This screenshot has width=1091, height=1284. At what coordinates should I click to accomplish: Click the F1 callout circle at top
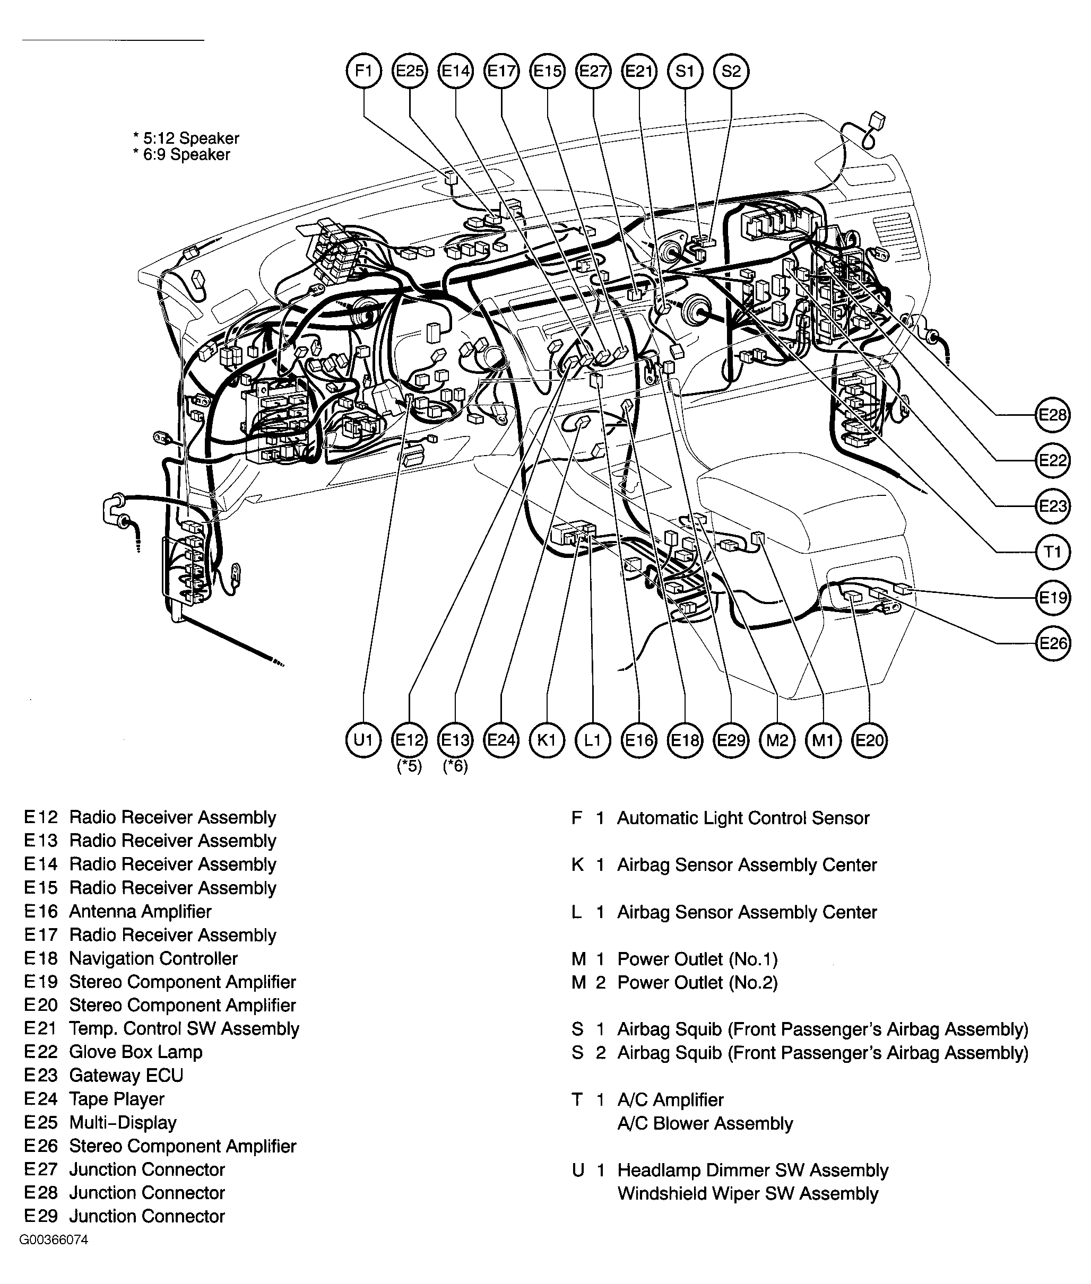(x=363, y=71)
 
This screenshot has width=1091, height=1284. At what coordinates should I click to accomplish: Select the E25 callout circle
(x=410, y=71)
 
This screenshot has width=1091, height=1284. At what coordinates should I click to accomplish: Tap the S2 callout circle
(x=731, y=71)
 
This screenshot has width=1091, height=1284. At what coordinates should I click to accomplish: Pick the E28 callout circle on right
(x=1052, y=415)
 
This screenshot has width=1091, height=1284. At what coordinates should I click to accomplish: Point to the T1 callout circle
(x=1052, y=552)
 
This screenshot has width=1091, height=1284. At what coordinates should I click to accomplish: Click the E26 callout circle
(x=1052, y=643)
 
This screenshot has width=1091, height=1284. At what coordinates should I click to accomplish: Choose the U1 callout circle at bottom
(x=363, y=740)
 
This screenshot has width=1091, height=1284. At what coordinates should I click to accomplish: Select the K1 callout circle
(x=547, y=740)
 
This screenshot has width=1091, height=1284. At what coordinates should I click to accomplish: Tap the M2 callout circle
(x=777, y=740)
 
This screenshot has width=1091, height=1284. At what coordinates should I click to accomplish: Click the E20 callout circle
(x=869, y=740)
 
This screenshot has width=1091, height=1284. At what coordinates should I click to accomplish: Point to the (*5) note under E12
(x=410, y=766)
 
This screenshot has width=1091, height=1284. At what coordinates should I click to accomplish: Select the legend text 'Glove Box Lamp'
(x=135, y=1052)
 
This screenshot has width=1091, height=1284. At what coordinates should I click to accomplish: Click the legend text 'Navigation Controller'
(x=153, y=958)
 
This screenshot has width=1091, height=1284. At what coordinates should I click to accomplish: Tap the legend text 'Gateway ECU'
(x=126, y=1075)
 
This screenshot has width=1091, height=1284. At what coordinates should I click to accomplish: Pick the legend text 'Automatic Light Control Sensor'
(x=743, y=818)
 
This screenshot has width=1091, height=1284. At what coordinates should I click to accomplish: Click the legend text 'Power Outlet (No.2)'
(x=697, y=982)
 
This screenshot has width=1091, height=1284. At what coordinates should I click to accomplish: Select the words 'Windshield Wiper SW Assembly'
(x=747, y=1193)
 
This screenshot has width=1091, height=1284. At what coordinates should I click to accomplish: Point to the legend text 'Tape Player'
(x=117, y=1098)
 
